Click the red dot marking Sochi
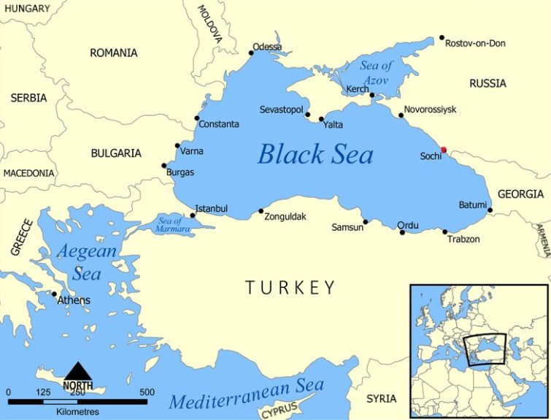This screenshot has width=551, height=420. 444,150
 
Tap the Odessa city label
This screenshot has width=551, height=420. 267,47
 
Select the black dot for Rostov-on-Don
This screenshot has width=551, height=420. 442,38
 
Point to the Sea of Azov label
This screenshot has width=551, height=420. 376,72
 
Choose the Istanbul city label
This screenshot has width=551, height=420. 212,209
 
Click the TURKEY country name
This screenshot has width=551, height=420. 290,287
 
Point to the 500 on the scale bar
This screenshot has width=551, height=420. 147,392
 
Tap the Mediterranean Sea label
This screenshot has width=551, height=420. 247,394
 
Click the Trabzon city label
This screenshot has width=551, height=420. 463,239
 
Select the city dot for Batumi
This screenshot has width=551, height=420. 490,210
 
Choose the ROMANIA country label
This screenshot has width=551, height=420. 113,53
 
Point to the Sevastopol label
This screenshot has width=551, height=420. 281,110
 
